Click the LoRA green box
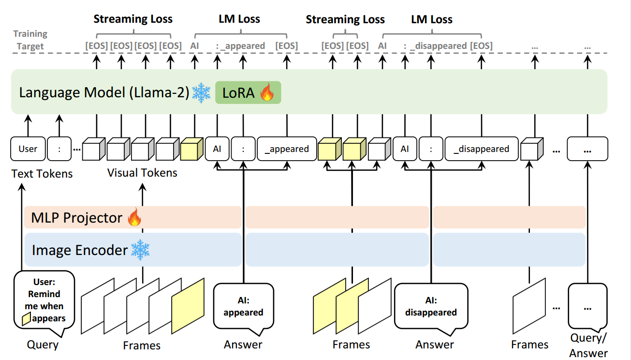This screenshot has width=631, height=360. tap(248, 92)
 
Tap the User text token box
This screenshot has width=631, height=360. tap(28, 149)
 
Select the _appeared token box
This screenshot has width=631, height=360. tap(287, 149)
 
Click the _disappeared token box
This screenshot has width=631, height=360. tap(481, 149)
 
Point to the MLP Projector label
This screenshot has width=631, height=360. tap(76, 218)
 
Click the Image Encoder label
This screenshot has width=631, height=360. tap(79, 250)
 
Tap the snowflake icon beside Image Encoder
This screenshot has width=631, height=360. tap(140, 250)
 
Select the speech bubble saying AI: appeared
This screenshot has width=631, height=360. tap(243, 307)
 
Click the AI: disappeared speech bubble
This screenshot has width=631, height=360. tap(431, 307)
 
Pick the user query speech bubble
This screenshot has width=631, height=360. tap(44, 302)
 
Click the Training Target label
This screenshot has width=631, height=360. tap(30, 40)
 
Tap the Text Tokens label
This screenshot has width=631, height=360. tap(42, 174)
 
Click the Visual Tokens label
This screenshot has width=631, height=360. tap(142, 173)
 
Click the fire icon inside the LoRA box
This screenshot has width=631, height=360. tap(266, 92)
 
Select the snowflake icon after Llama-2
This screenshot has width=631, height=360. tap(201, 92)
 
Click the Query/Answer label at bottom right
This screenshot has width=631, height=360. tap(588, 345)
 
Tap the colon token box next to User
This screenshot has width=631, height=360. tap(59, 149)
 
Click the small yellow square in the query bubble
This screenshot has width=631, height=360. tap(27, 318)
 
